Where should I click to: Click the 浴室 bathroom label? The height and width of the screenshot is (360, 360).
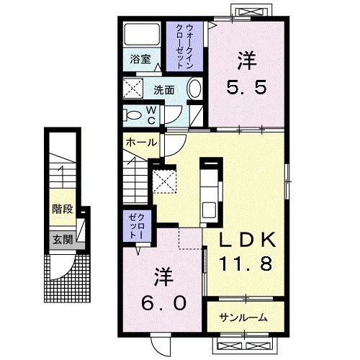tap(140, 59)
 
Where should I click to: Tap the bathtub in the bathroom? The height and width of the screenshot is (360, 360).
tap(142, 34)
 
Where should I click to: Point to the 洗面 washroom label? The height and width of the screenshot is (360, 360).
tap(164, 90)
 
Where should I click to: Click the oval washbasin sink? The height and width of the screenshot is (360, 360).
tap(194, 88)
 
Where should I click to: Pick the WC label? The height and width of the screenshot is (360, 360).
tap(151, 115)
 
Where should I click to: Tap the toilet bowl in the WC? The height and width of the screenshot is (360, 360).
tap(132, 115)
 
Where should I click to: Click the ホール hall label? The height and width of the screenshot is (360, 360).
tap(141, 143)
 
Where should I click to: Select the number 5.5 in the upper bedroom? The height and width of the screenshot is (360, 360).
tap(246, 87)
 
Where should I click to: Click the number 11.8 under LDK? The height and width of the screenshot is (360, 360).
tap(246, 264)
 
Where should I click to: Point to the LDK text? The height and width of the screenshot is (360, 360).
tap(248, 240)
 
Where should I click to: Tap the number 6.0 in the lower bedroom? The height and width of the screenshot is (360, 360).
tap(163, 302)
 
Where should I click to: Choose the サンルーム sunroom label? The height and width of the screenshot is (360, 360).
tap(243, 318)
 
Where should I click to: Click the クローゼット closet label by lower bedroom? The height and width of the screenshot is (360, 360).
tap(137, 226)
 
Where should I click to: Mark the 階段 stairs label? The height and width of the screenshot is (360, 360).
tap(63, 209)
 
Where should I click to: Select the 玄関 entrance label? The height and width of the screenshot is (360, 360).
tap(63, 239)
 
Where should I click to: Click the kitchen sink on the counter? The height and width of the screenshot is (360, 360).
tap(209, 210)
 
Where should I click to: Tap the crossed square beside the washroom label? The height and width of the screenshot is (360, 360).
tap(133, 88)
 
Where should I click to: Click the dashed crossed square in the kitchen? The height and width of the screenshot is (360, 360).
tap(165, 181)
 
